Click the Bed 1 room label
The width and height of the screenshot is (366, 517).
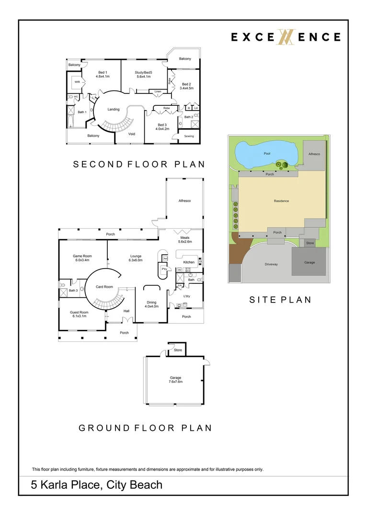click(x=103, y=72)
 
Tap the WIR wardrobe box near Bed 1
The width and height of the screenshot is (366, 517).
click(x=77, y=82)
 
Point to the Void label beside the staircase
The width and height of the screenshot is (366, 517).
click(x=131, y=134)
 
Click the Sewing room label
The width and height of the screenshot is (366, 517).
click(x=189, y=136)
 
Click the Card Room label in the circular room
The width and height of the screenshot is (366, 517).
click(x=104, y=287)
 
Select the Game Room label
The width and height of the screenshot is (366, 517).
click(x=82, y=256)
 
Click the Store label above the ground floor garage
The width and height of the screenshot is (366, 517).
click(x=178, y=350)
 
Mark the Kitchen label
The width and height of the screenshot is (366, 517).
click(x=189, y=262)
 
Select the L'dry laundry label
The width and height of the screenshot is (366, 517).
click(x=188, y=296)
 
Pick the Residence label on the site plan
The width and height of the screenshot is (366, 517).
click(x=281, y=201)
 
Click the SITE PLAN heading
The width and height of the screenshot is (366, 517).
click(x=280, y=300)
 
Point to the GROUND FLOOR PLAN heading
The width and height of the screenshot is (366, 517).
click(x=145, y=428)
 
